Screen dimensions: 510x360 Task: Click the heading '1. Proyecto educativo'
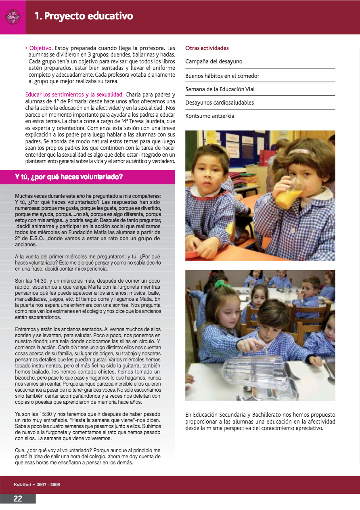point(84,16)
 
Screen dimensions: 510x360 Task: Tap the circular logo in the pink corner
point(13,17)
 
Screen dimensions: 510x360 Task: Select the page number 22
point(18,499)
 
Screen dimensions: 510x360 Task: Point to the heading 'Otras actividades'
point(207,48)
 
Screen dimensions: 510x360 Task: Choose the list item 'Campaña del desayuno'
point(214,62)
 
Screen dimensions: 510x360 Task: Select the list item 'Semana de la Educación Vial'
point(220,89)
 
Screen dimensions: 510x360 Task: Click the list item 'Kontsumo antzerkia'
point(210,116)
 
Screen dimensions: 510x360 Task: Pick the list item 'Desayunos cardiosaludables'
point(220,103)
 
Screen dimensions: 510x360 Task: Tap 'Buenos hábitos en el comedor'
point(222,76)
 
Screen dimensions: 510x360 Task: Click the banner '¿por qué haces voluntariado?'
point(69,177)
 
